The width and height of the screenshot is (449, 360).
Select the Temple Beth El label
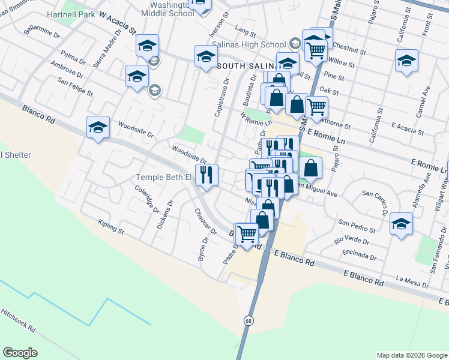pyautogui.click(x=163, y=177)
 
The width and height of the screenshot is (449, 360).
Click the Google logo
pyautogui.click(x=20, y=353)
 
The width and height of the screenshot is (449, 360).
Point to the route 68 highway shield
pyautogui.click(x=247, y=321)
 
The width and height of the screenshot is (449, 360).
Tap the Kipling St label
pyautogui.click(x=112, y=227)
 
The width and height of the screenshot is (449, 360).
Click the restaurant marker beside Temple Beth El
pyautogui.click(x=206, y=175)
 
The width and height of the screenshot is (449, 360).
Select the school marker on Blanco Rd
pyautogui.click(x=98, y=127)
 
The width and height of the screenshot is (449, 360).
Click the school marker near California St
pyautogui.click(x=406, y=61)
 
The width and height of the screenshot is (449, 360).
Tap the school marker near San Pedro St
pyautogui.click(x=401, y=223)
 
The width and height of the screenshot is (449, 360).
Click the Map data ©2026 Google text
pyautogui.click(x=412, y=355)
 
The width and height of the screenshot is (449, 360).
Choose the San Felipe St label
pyautogui.click(x=75, y=86)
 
